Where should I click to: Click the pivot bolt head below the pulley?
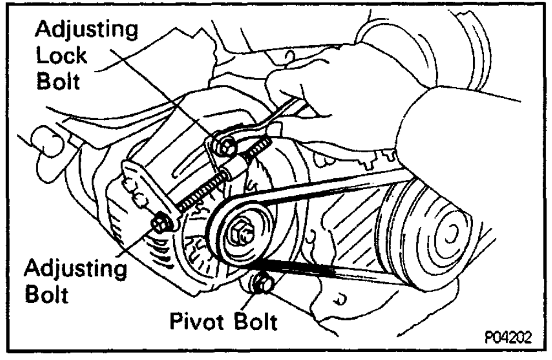pos(263,284)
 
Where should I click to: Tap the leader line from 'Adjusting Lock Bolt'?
pos(173,92)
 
